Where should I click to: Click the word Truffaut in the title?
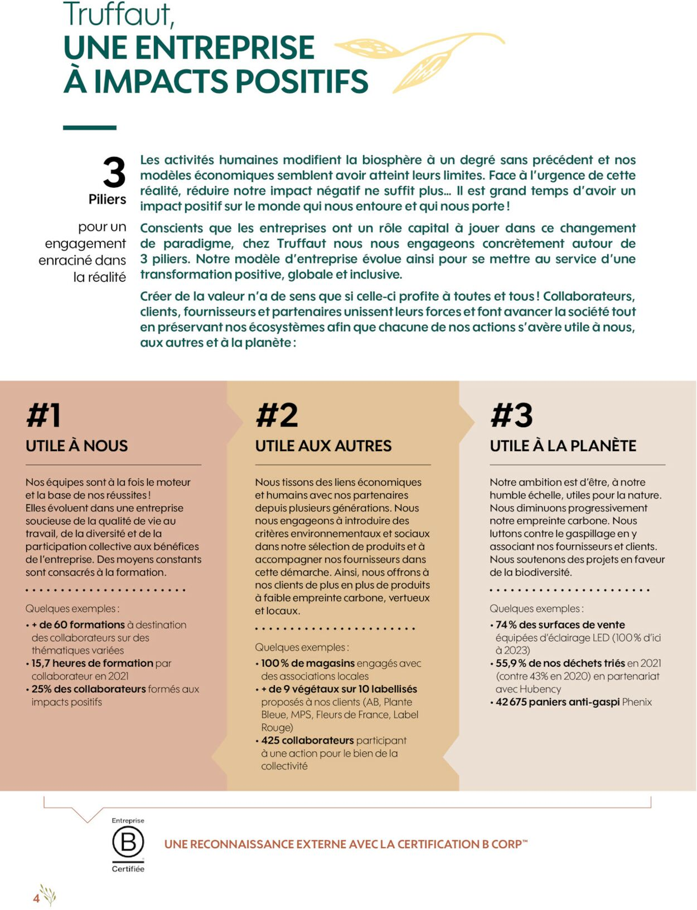click(x=119, y=15)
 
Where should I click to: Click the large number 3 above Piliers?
click(x=114, y=173)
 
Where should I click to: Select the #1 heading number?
click(x=43, y=415)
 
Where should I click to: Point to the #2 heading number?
click(x=277, y=415)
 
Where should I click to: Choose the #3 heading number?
click(x=511, y=415)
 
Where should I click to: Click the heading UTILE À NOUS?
click(x=77, y=446)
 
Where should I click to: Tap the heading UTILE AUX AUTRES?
click(x=323, y=446)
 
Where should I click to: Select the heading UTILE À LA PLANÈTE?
click(x=563, y=446)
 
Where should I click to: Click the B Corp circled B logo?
click(x=128, y=842)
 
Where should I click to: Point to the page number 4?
click(x=36, y=898)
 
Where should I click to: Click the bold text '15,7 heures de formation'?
click(x=93, y=663)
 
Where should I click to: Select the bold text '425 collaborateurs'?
click(x=307, y=741)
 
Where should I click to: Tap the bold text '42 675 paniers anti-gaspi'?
click(x=558, y=702)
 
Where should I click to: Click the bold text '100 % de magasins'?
click(x=308, y=663)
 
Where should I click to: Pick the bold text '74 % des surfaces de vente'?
click(x=560, y=625)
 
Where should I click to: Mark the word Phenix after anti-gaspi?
click(x=637, y=702)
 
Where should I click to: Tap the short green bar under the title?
click(x=90, y=128)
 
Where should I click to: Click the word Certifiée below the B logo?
click(x=128, y=869)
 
